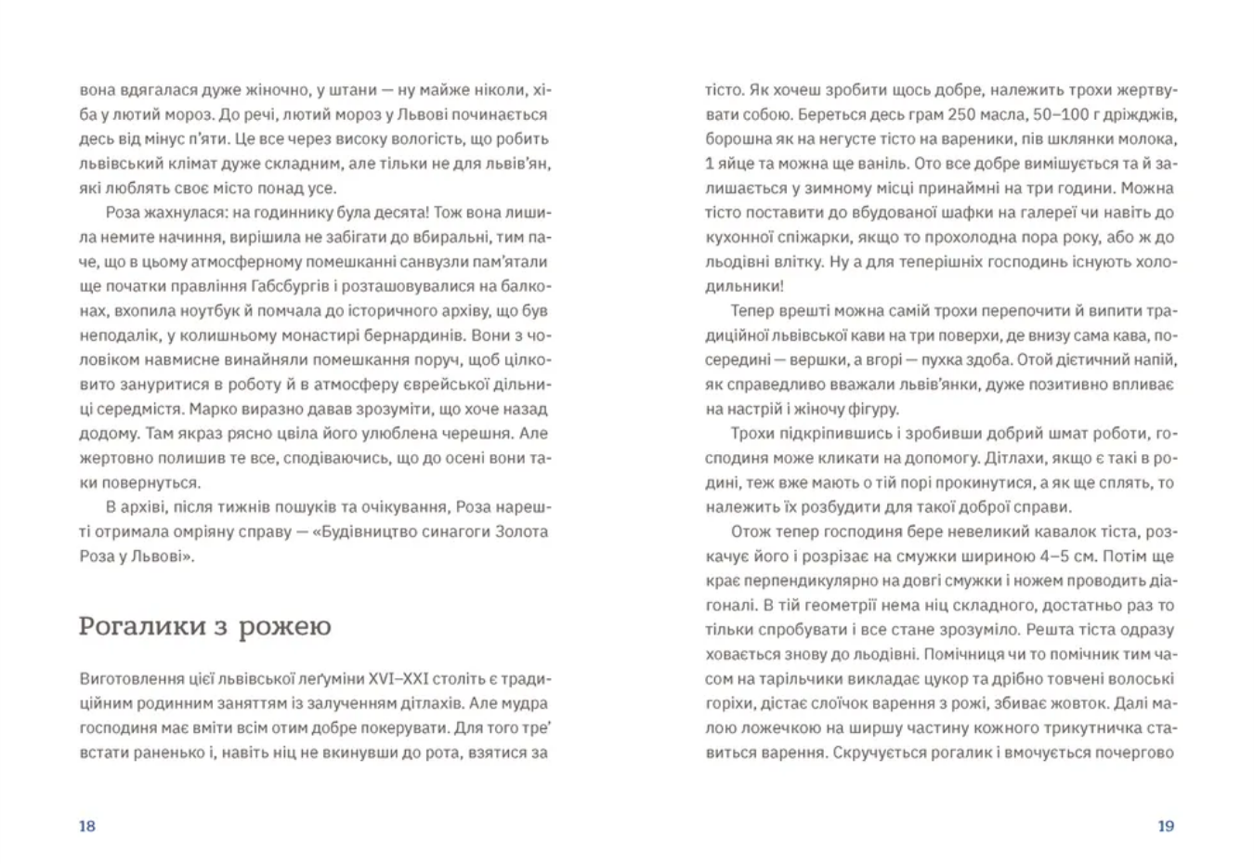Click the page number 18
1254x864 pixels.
click(87, 825)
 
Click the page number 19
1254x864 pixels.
click(1166, 825)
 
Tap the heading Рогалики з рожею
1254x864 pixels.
click(205, 626)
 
